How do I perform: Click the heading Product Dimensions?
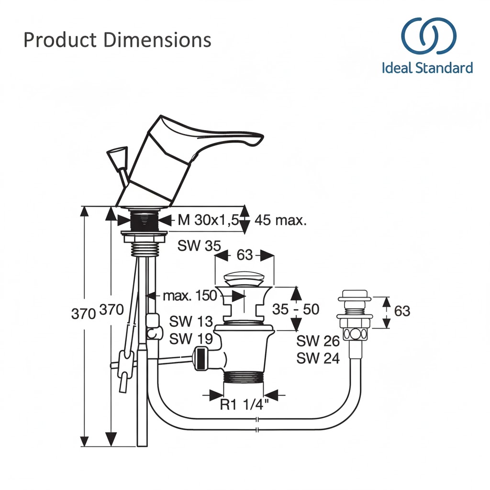(117, 40)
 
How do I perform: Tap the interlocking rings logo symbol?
(428, 36)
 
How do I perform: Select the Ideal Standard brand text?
(427, 67)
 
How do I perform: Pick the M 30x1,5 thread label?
(208, 221)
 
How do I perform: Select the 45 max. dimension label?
(280, 221)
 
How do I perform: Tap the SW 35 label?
(199, 246)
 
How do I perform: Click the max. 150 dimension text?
(189, 296)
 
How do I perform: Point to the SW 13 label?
(191, 322)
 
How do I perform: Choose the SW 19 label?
(191, 338)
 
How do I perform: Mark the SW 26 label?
(318, 341)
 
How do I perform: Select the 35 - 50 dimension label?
(295, 309)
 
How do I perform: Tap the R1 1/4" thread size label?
(245, 405)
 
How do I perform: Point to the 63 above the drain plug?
(245, 255)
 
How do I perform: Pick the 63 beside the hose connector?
(402, 311)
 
